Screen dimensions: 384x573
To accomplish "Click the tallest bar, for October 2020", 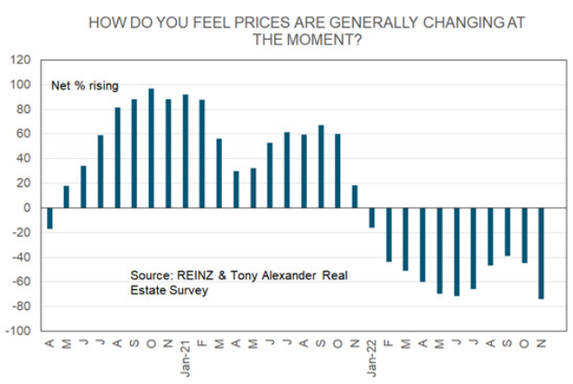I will pos(151,148).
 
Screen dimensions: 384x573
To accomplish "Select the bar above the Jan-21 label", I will pos(185,151).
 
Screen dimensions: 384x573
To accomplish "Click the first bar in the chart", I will pos(49,218).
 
